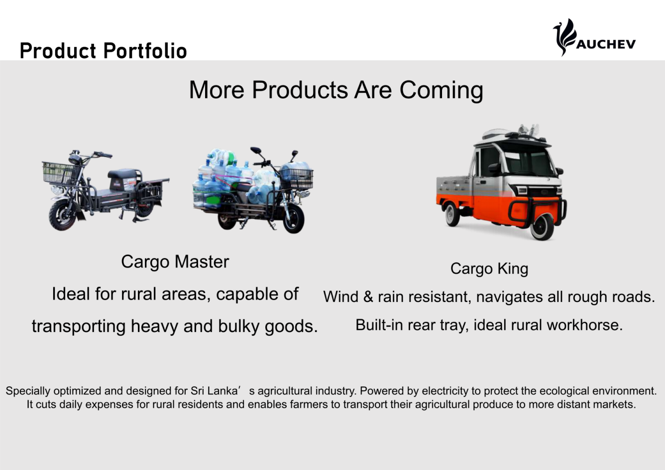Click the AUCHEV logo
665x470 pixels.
pyautogui.click(x=594, y=37)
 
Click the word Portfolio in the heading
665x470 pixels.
pyautogui.click(x=145, y=50)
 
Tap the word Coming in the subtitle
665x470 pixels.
pyautogui.click(x=441, y=90)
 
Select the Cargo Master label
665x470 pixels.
pyautogui.click(x=175, y=262)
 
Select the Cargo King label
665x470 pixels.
pyautogui.click(x=489, y=269)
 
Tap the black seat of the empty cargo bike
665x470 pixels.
pyautogui.click(x=122, y=173)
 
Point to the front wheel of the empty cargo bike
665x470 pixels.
pyautogui.click(x=63, y=215)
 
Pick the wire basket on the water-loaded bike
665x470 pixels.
pyautogui.click(x=297, y=178)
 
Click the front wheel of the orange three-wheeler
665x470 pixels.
pyautogui.click(x=542, y=227)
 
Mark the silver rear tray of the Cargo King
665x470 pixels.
pyautogui.click(x=454, y=188)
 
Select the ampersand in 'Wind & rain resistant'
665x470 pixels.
pyautogui.click(x=368, y=297)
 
